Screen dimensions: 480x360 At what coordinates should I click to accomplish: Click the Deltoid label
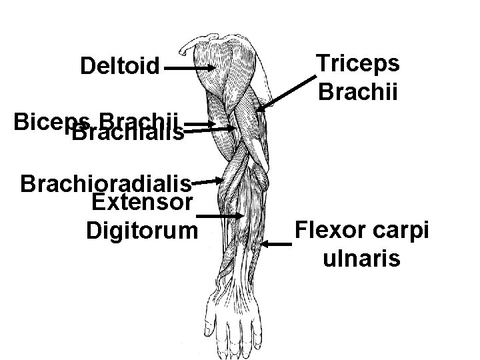[120, 67]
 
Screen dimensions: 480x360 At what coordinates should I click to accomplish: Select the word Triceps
[357, 64]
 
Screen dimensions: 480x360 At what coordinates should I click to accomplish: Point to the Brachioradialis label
[107, 183]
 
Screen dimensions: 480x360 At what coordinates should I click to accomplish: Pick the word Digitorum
[142, 231]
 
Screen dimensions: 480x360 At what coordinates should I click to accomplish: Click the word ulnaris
[361, 258]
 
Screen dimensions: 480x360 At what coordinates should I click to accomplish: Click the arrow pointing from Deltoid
[189, 67]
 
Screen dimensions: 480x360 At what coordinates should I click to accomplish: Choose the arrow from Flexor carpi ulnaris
[277, 245]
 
